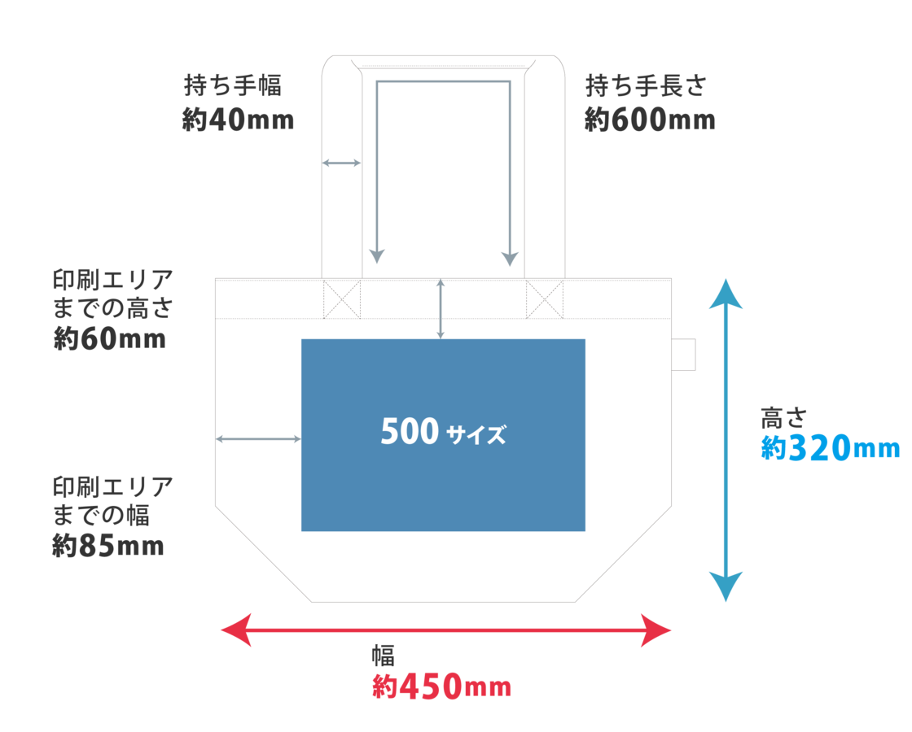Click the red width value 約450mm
(x=441, y=688)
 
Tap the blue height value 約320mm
(x=830, y=448)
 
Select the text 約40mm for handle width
(x=237, y=120)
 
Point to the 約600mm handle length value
(x=649, y=120)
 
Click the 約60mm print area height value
(x=109, y=338)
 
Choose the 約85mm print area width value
(x=107, y=546)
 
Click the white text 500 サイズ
(x=443, y=433)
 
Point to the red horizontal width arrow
(x=446, y=630)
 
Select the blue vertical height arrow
(x=725, y=439)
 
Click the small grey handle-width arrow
(x=341, y=163)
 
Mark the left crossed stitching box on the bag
(x=341, y=298)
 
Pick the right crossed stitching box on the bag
(x=545, y=298)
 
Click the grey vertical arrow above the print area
(x=441, y=308)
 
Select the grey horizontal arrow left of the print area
(x=258, y=439)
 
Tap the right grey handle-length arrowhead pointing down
(x=509, y=257)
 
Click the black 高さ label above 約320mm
(x=783, y=418)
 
